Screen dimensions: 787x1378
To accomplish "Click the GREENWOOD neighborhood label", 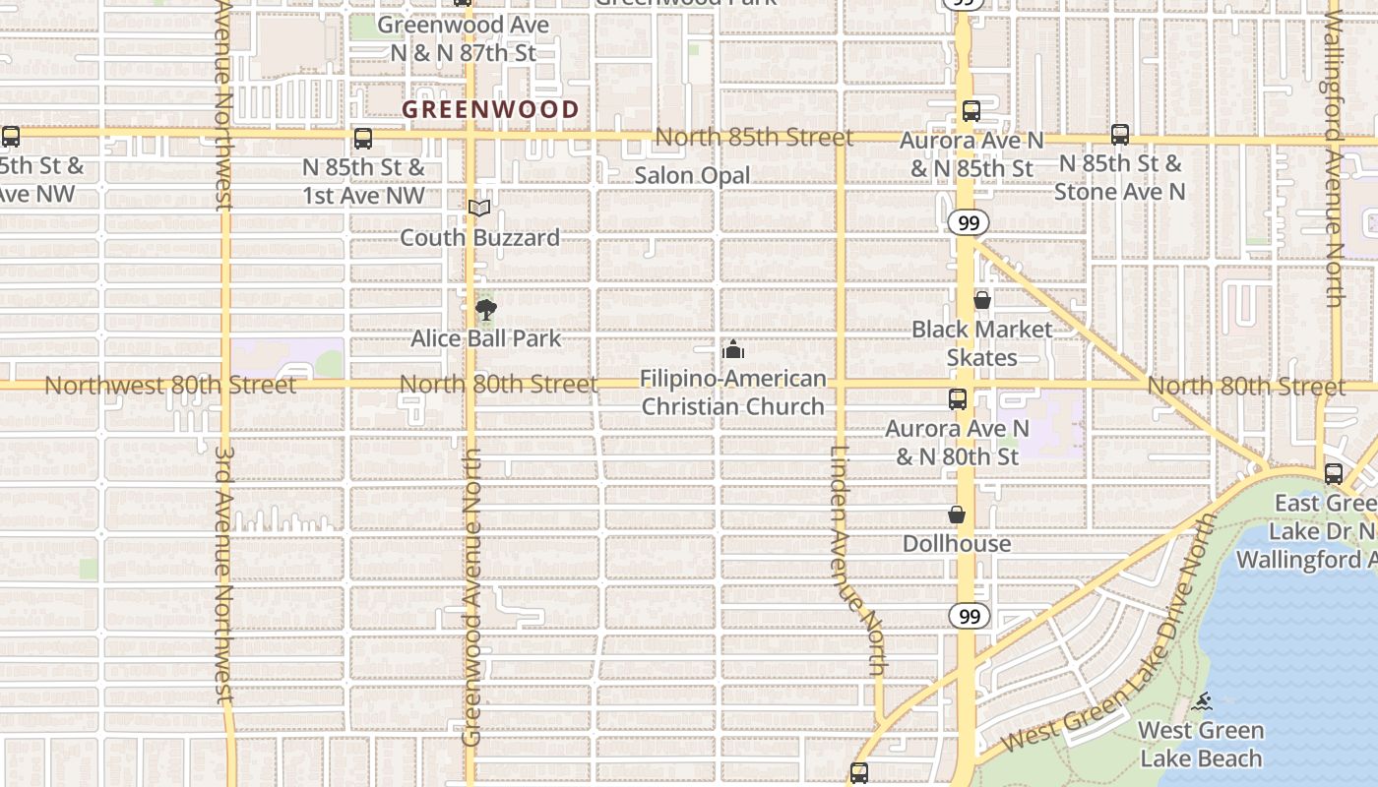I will pos(490,109).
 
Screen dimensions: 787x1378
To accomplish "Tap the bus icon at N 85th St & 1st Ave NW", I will pos(363,139).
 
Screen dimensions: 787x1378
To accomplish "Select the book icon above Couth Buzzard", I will pos(479,208).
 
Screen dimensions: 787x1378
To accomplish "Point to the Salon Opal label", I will pos(692,175).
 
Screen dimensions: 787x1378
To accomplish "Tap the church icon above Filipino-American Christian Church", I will pos(732,349).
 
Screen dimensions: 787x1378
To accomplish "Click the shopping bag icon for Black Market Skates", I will pos(981,300).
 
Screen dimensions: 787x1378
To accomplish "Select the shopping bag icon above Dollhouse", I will pos(956,515).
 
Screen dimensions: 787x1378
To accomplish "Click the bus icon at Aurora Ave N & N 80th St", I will pos(958,398).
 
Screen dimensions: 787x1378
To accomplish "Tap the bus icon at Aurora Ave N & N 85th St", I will pos(971,111).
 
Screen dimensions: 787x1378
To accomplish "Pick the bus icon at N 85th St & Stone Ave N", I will pos(1120,135).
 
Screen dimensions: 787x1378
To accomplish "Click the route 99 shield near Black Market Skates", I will pos(970,223).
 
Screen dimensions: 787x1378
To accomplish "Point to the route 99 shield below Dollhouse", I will pos(970,616).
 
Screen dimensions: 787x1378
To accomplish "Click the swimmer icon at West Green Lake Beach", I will pos(1202,701).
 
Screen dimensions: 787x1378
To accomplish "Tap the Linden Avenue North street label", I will pos(856,561).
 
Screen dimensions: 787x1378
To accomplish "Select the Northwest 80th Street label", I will pos(169,385).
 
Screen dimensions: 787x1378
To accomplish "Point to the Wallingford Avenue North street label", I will pos(1334,157).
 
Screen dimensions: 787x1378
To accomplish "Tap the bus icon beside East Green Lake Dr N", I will pos(1334,474).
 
